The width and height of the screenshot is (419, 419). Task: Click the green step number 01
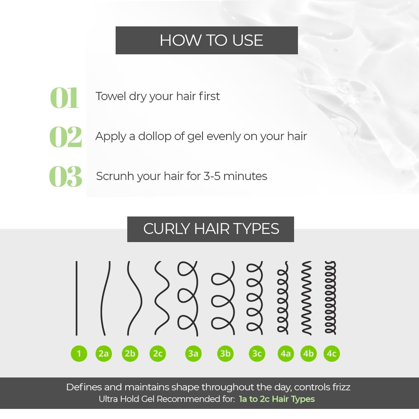point(64,98)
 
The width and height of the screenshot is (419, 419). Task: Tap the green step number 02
point(66,137)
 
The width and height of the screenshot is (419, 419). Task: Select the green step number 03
point(66,177)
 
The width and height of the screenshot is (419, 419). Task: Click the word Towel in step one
point(111,96)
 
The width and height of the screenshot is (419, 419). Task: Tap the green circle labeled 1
point(79,353)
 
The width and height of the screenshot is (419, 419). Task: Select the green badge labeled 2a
point(104,353)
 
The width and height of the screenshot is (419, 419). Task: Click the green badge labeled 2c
point(158,353)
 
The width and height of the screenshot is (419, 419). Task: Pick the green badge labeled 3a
point(193,353)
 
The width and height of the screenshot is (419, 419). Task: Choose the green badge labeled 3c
point(257,353)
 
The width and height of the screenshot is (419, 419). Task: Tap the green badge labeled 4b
point(308,353)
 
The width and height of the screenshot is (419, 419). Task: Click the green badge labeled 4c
point(332,353)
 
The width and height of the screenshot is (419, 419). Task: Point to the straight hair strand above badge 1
point(76,298)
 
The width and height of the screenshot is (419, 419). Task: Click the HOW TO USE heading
point(211,40)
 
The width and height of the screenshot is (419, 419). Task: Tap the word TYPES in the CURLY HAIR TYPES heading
point(256,229)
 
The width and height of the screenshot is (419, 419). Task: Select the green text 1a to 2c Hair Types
point(277,399)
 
